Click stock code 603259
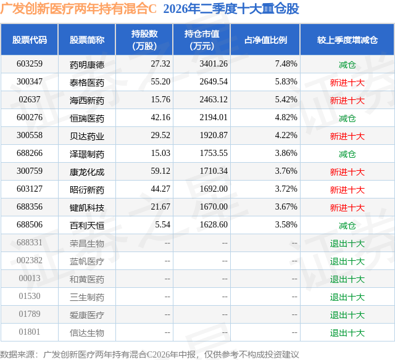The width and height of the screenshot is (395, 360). click(x=30, y=64)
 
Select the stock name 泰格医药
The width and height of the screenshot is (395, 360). click(x=87, y=83)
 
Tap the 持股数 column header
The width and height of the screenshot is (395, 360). click(x=144, y=39)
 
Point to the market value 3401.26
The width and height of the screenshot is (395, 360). click(x=214, y=64)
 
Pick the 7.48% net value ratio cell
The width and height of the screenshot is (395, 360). click(x=286, y=64)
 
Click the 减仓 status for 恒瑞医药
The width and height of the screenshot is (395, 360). click(x=347, y=118)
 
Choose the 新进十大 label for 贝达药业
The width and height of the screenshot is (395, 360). click(x=347, y=136)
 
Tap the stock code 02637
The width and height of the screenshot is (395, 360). click(x=30, y=100)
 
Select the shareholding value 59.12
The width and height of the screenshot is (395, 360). click(x=160, y=171)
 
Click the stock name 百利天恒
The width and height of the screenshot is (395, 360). click(x=87, y=226)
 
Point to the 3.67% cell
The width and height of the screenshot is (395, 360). click(x=286, y=207)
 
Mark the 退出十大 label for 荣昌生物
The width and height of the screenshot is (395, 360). click(x=347, y=243)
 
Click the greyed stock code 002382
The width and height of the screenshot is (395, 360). click(x=30, y=260)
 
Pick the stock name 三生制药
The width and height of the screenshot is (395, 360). click(x=87, y=297)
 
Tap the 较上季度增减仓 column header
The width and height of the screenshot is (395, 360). click(x=347, y=39)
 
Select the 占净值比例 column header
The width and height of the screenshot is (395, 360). click(x=265, y=39)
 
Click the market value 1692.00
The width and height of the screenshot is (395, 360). click(x=214, y=189)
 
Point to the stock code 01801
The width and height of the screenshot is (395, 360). click(x=30, y=332)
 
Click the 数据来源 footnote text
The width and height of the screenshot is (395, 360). click(x=149, y=354)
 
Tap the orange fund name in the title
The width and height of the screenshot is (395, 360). click(x=78, y=9)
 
